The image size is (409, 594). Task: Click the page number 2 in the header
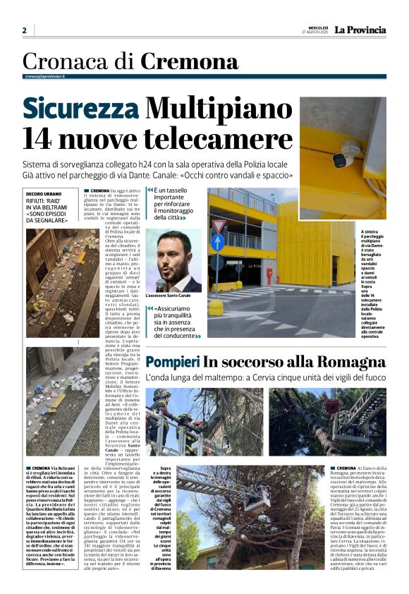pos(24,30)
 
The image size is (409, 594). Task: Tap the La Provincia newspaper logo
pos(360,30)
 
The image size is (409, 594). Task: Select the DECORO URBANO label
pos(44,193)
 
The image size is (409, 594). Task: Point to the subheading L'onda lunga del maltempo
pos(266,378)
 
